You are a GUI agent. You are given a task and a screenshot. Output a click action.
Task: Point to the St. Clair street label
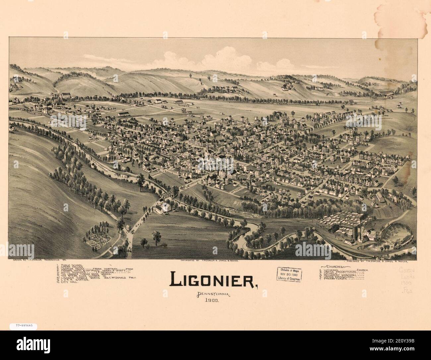[x=233, y=190]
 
